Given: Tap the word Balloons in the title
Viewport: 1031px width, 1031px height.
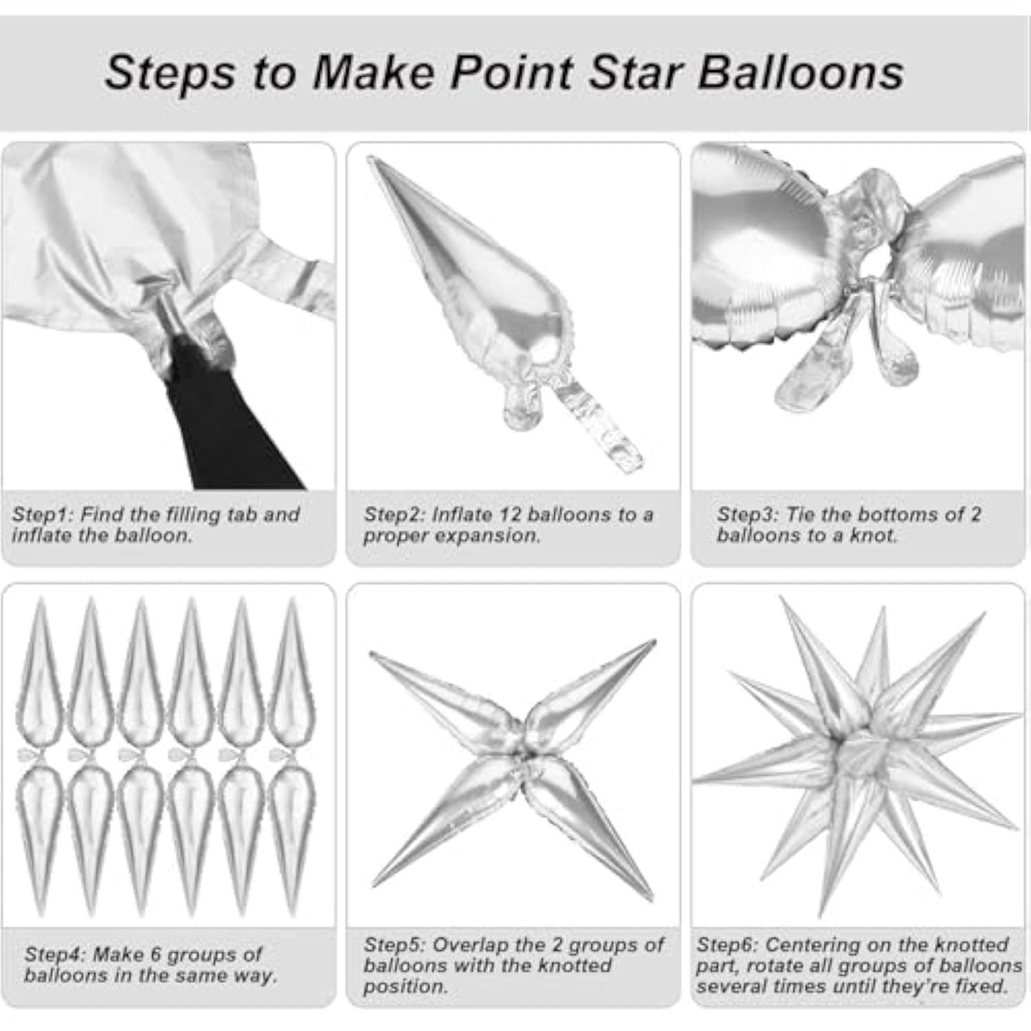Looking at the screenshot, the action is (x=801, y=72).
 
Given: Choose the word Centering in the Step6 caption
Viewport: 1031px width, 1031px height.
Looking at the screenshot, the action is (x=808, y=945).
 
